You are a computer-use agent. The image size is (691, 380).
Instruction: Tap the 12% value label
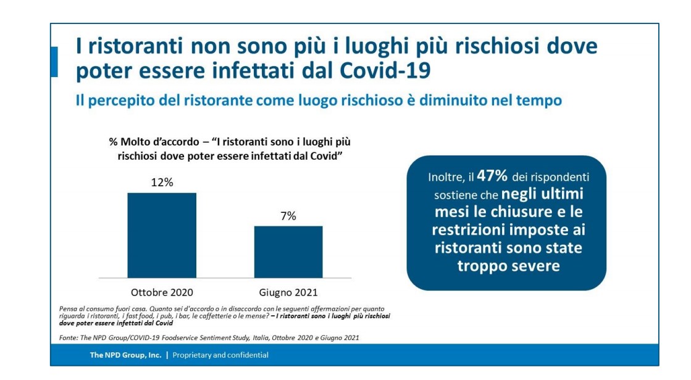162,183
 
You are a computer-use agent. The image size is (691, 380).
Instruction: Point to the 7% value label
288,216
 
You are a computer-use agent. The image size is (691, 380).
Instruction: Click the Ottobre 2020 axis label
162,292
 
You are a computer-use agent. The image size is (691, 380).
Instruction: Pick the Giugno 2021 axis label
288,292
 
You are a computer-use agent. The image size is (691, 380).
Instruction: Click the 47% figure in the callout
492,176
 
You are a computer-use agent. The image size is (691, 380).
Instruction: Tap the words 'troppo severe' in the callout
508,266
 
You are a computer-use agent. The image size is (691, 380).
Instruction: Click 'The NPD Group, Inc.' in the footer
126,355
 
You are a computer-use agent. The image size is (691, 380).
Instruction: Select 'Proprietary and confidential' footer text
220,355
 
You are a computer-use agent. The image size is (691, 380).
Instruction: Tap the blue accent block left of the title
54,62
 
